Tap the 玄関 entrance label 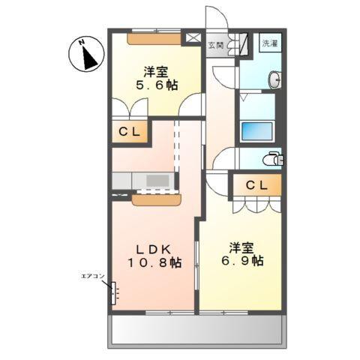pos(216,43)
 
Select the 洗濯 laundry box pos(269,43)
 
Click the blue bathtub pos(257,130)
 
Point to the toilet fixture pos(274,158)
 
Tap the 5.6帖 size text pos(157,86)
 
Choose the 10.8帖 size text pos(154,262)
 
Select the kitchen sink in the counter pos(157,181)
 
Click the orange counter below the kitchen pos(157,199)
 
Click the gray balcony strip pos(197,329)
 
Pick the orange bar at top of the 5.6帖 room pos(153,37)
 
